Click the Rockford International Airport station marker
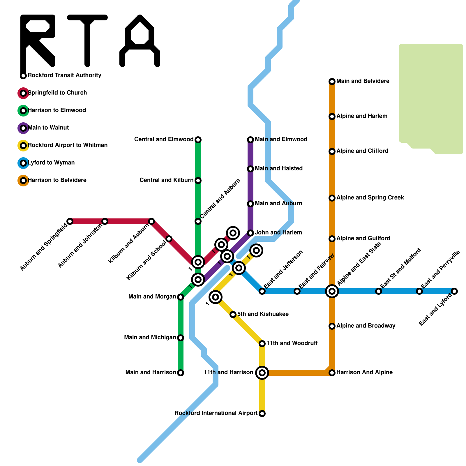click(262, 414)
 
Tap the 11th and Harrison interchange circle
click(262, 373)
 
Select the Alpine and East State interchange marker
click(332, 291)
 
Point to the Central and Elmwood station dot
click(198, 140)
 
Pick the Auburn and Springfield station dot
click(70, 221)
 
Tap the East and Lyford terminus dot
click(454, 291)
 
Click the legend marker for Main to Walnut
click(23, 128)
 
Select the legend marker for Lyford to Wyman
click(23, 163)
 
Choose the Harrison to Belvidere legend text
click(57, 180)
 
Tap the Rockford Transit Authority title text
click(64, 75)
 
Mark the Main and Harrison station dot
click(181, 373)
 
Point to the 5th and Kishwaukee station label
click(263, 314)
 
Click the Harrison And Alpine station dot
click(332, 373)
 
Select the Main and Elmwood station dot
click(250, 140)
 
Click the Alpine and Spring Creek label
click(370, 198)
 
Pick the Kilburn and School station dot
click(169, 239)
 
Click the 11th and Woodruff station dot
click(262, 344)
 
